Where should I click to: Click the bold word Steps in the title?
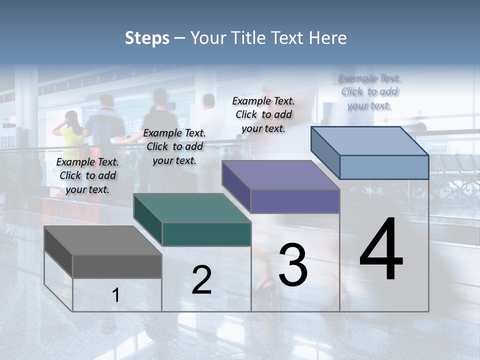[x=147, y=38]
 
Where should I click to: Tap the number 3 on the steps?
[x=293, y=264]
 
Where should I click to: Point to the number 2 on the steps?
[x=201, y=280]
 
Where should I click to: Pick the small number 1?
[x=116, y=295]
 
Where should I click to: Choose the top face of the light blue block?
[x=370, y=140]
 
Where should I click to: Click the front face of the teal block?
[x=206, y=234]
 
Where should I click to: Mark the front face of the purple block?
[x=295, y=201]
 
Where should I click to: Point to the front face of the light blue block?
[x=384, y=167]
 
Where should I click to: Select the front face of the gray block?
[x=117, y=266]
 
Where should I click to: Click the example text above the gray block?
[x=87, y=175]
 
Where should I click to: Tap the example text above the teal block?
[x=174, y=146]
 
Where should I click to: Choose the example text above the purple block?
[x=263, y=114]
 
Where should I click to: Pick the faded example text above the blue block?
[x=369, y=91]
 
